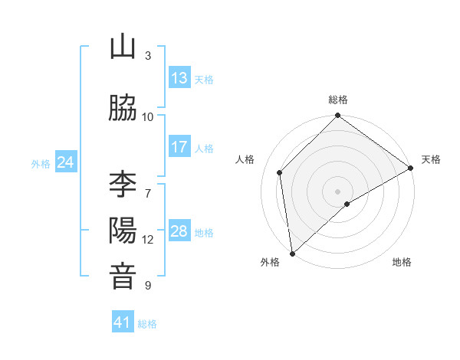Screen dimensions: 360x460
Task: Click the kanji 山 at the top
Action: tap(123, 47)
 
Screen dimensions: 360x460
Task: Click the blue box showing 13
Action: tap(179, 78)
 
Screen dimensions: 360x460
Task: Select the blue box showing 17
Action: tap(179, 147)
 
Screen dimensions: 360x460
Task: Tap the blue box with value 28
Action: tap(179, 232)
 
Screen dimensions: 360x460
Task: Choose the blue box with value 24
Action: tap(66, 162)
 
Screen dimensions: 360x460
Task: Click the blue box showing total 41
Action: tap(123, 322)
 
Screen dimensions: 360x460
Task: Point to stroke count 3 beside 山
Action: tap(148, 56)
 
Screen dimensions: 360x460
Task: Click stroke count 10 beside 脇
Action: tap(148, 116)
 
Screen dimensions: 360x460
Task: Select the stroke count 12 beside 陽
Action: tap(148, 240)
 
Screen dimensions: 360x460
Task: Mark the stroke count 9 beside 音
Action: tap(148, 286)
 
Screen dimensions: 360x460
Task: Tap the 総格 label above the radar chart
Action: tap(338, 100)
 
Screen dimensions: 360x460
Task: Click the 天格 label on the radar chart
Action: tap(432, 159)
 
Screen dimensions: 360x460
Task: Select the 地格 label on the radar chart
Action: tap(402, 262)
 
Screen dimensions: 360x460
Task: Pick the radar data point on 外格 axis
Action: tap(292, 254)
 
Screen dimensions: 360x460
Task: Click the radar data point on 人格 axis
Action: tap(280, 172)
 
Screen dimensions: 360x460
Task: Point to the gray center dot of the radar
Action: tap(337, 191)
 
